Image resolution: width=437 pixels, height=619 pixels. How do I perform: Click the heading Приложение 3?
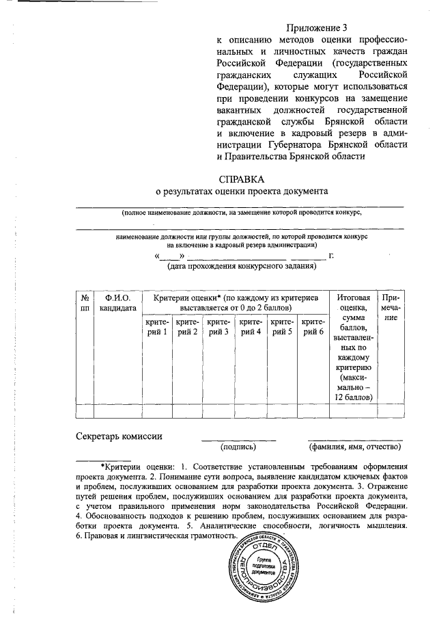(315, 28)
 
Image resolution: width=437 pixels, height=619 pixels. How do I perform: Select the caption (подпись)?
(238, 447)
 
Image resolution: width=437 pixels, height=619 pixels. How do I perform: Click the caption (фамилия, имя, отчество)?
(354, 447)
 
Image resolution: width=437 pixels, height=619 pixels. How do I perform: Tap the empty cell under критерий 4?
(251, 411)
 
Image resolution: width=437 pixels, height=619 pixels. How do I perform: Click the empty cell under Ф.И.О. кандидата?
(117, 411)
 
